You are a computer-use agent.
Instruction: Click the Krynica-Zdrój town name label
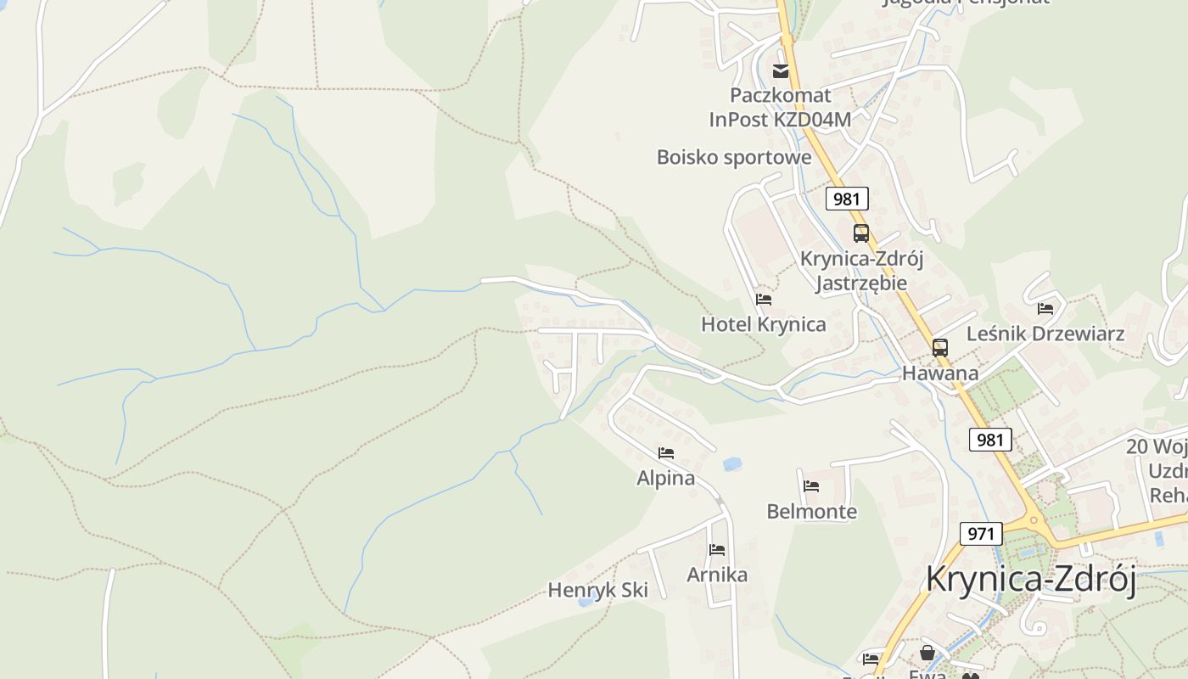coord(1030,579)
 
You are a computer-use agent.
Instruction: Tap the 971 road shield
coord(981,534)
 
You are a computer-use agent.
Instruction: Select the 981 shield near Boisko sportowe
coord(846,199)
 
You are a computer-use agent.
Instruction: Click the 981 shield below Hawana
coord(989,440)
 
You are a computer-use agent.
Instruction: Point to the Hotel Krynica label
coord(763,324)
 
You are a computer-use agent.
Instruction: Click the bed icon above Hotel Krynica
coord(764,300)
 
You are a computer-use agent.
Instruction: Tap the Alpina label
coord(665,478)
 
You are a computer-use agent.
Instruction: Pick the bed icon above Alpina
coord(666,453)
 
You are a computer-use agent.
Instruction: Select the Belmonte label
coord(811,512)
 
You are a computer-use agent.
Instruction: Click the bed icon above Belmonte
coord(811,486)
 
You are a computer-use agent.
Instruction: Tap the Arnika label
coord(717,575)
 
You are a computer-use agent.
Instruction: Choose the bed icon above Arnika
coord(717,550)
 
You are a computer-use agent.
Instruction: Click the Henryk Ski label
coord(597,590)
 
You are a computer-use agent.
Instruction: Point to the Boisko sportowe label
coord(734,157)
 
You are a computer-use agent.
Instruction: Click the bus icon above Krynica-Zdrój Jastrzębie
coord(861,233)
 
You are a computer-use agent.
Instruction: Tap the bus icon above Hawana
coord(940,348)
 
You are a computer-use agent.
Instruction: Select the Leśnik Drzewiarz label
coord(1045,334)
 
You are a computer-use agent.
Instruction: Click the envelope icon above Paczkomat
coord(781,71)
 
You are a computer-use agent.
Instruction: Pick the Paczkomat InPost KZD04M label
coord(780,107)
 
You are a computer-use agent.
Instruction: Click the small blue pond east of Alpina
coord(731,464)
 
